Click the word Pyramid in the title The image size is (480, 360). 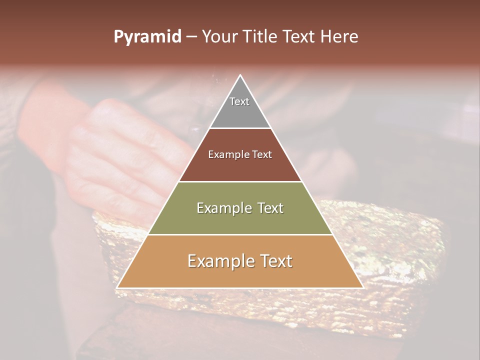[147, 37]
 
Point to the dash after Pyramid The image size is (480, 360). [191, 37]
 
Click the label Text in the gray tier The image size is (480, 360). [239, 101]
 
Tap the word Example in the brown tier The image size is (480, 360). [224, 155]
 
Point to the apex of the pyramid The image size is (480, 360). [240, 76]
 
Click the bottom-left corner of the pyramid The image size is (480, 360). [117, 287]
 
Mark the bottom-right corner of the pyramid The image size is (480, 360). [362, 287]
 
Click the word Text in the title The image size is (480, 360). [301, 36]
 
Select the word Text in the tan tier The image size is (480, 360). [274, 261]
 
